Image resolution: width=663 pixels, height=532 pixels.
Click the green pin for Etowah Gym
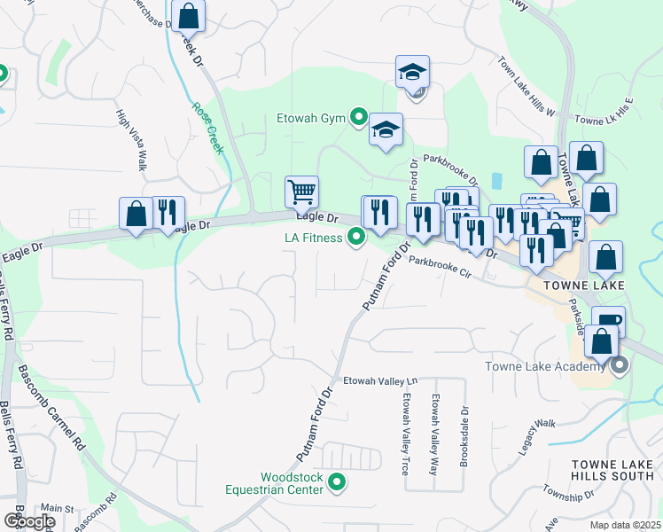359,116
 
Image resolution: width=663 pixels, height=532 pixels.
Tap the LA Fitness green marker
356,237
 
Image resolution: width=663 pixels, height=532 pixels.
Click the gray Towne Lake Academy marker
620,364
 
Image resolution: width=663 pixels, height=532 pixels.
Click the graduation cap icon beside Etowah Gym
386,130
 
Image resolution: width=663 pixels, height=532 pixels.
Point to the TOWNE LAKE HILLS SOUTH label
612,470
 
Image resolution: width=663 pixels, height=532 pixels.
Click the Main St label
57,508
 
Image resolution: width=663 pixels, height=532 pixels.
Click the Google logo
28,520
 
